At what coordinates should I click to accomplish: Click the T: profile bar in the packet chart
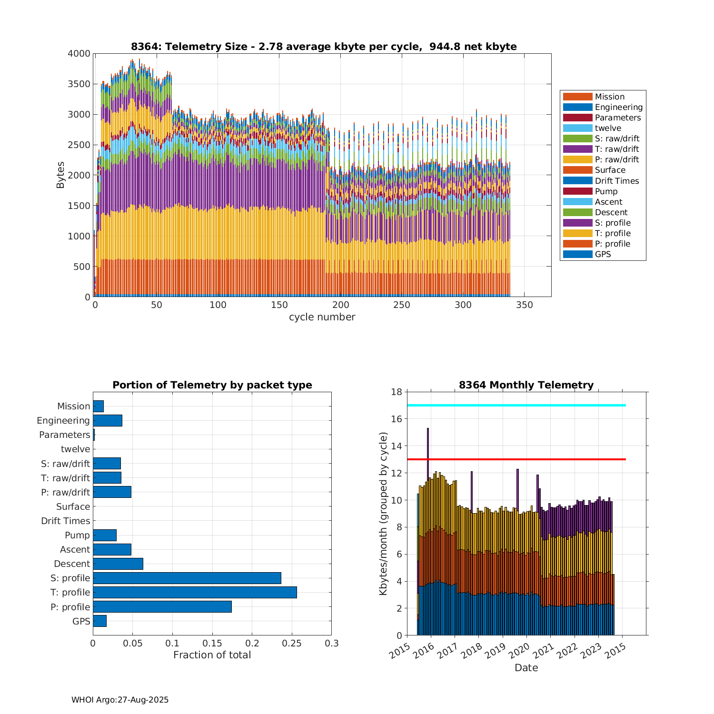pyautogui.click(x=195, y=592)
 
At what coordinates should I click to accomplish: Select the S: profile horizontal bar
pyautogui.click(x=187, y=578)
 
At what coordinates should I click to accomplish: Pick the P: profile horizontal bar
pyautogui.click(x=162, y=606)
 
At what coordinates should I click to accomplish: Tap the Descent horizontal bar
pyautogui.click(x=118, y=564)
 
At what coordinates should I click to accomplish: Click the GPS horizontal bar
pyautogui.click(x=99, y=621)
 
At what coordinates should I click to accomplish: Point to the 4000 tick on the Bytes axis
pyautogui.click(x=79, y=54)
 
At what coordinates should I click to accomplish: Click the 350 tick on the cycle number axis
pyautogui.click(x=524, y=305)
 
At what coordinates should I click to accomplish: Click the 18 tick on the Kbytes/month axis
pyautogui.click(x=397, y=392)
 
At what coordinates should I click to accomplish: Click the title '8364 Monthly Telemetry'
pyautogui.click(x=526, y=385)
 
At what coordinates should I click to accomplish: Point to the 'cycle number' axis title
pyautogui.click(x=322, y=317)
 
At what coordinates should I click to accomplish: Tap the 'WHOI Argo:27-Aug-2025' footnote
pyautogui.click(x=120, y=700)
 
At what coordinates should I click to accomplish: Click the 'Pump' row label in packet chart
pyautogui.click(x=77, y=535)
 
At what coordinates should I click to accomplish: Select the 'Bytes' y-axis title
pyautogui.click(x=60, y=175)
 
